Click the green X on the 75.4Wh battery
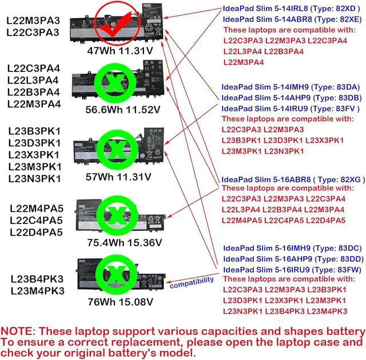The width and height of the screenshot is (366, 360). click(114, 214)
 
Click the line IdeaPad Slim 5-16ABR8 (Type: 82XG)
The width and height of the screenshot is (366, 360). click(292, 178)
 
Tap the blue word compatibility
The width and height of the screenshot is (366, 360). click(192, 281)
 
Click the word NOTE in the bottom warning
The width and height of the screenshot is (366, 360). click(19, 331)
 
